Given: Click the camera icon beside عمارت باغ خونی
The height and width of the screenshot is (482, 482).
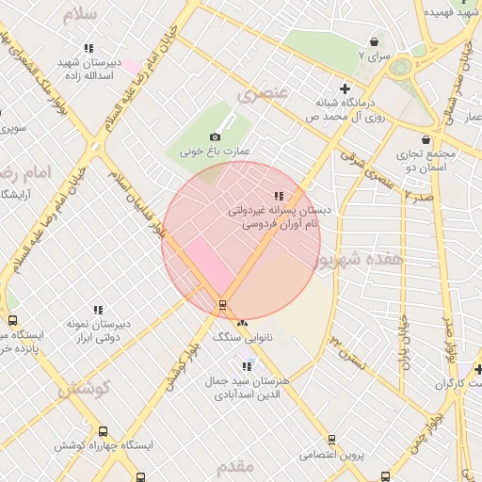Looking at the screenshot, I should pyautogui.click(x=215, y=137).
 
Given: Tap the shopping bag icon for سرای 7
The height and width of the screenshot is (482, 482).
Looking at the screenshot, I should pyautogui.click(x=375, y=42).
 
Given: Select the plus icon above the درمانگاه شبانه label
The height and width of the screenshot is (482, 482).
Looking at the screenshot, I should pyautogui.click(x=345, y=88).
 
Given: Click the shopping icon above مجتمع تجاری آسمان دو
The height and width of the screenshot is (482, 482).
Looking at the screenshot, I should pyautogui.click(x=426, y=139).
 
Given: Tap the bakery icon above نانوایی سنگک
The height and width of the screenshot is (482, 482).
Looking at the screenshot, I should pyautogui.click(x=243, y=323).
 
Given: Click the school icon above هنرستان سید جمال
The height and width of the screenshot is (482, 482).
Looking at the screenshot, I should pyautogui.click(x=247, y=366).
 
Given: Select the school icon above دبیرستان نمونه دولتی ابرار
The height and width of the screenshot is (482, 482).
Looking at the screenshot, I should pyautogui.click(x=97, y=310).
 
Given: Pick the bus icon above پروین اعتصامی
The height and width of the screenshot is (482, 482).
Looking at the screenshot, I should pyautogui.click(x=331, y=439).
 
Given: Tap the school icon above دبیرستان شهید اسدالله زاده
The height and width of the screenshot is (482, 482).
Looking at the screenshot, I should pyautogui.click(x=88, y=48).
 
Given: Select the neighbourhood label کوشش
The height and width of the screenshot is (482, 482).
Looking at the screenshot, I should pyautogui.click(x=86, y=387).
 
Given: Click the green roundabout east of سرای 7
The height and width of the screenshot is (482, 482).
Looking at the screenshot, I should pyautogui.click(x=402, y=67).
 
